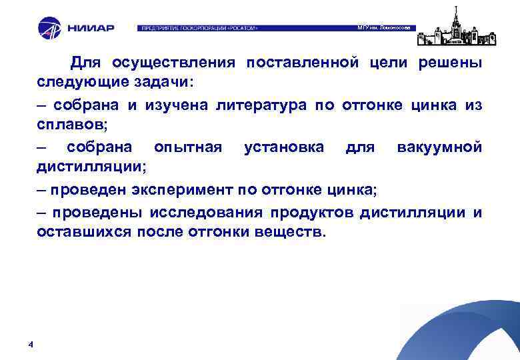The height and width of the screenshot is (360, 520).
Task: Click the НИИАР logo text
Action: point(91,29)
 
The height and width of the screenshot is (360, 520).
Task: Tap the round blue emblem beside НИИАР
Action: point(49,28)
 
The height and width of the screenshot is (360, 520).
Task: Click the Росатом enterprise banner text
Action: point(198,29)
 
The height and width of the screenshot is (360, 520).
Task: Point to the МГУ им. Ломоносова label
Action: point(386,27)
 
